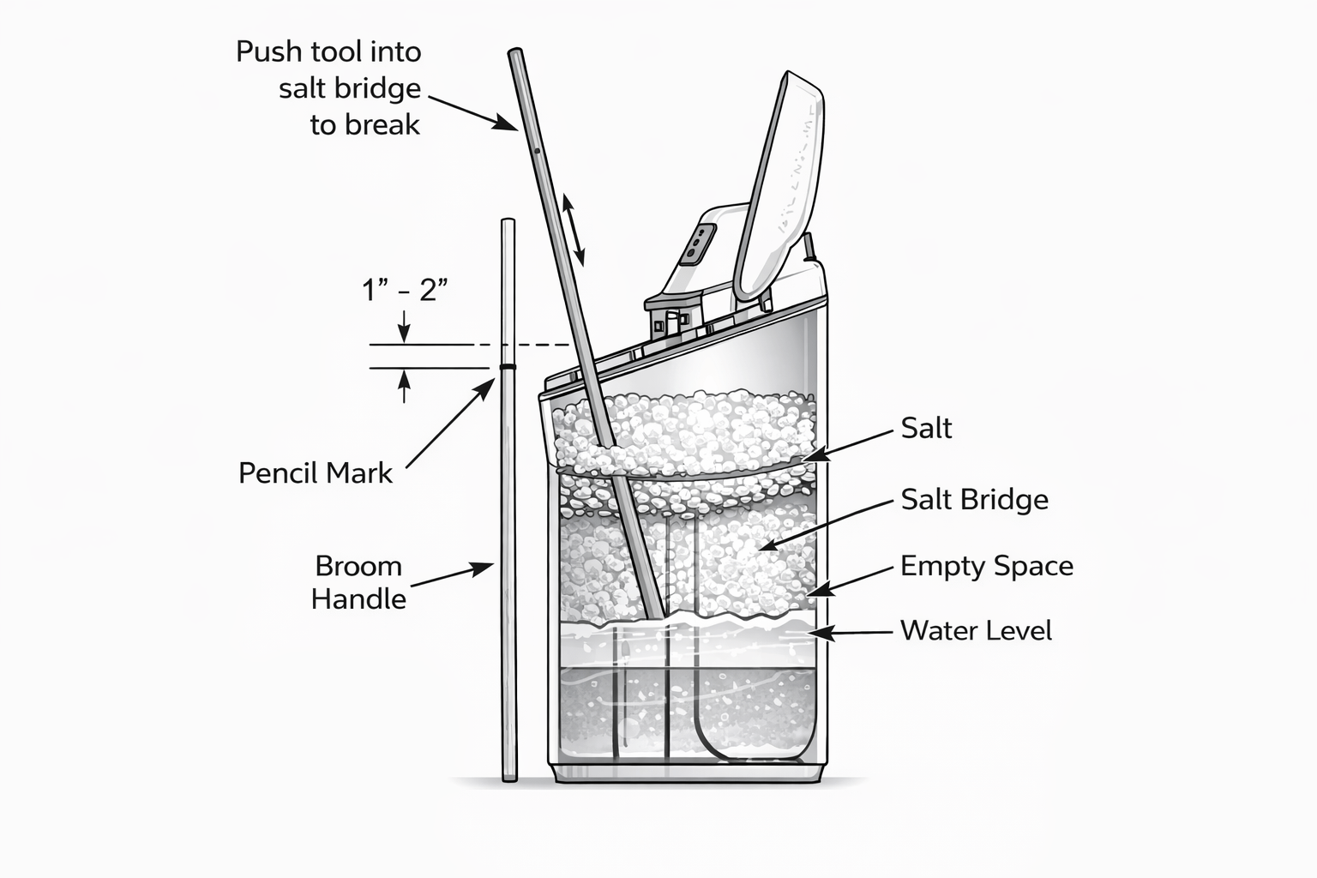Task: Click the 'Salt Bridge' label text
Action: point(974,500)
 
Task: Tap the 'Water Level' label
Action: point(976,630)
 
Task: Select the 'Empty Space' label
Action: point(987,566)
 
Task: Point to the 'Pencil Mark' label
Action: point(316,472)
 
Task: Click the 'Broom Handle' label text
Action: point(358,583)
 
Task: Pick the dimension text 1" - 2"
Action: point(405,290)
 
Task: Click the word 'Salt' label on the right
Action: point(926,428)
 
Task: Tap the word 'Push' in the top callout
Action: point(270,51)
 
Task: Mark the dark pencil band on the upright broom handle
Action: point(508,367)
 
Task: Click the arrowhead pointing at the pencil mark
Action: point(486,388)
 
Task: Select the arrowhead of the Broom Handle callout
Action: point(482,568)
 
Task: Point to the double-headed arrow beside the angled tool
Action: point(574,230)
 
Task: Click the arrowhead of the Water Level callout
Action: point(822,634)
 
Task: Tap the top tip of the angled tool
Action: point(515,51)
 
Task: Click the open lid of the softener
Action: point(779,185)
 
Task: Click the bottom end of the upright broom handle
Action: point(510,779)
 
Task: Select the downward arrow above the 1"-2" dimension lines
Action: point(404,326)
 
